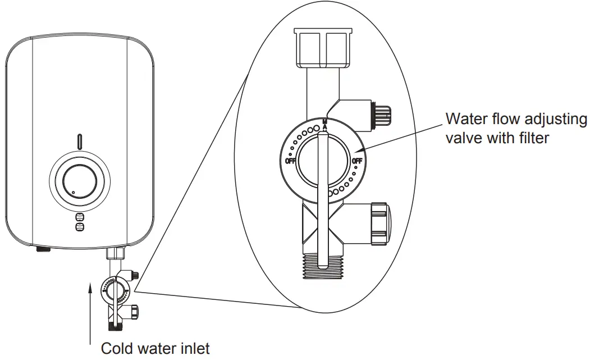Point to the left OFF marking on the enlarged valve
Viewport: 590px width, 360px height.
291,161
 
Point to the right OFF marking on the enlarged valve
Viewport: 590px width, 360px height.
358,161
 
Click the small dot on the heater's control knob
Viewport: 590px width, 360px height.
73,193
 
